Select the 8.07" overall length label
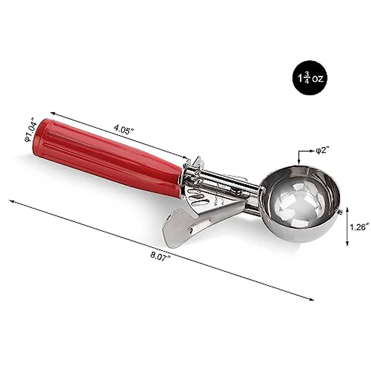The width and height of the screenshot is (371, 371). coord(160,256)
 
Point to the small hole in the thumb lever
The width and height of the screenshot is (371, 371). coord(192,229)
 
